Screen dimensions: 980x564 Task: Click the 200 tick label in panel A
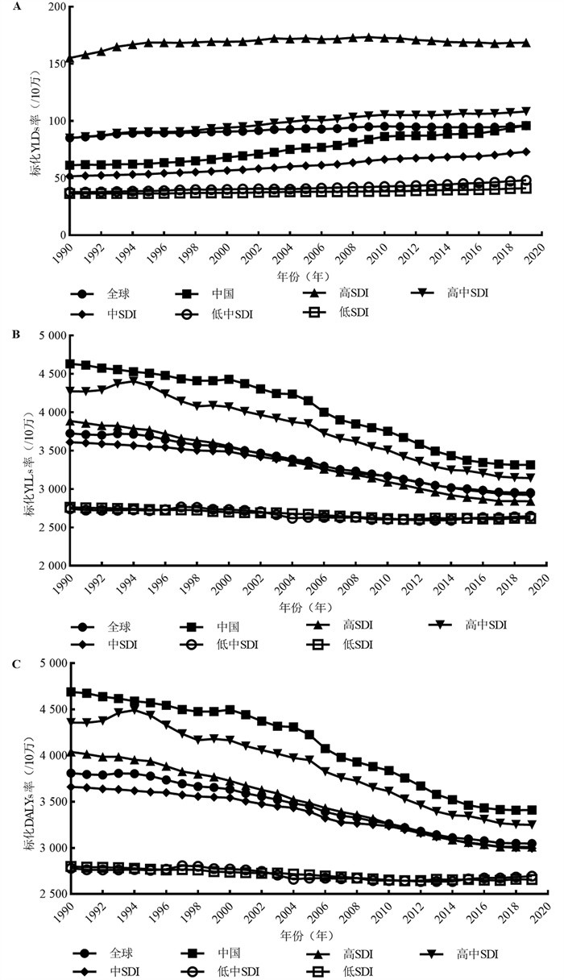click(52, 7)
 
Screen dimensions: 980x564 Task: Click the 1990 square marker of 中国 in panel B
click(71, 364)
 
